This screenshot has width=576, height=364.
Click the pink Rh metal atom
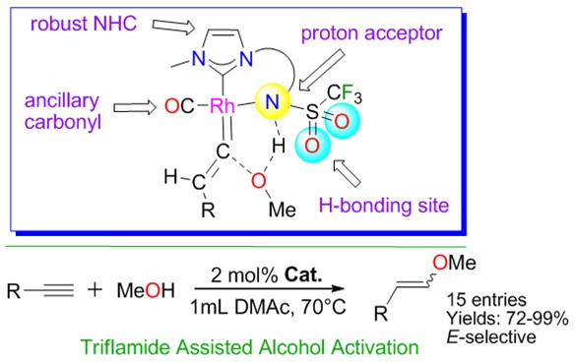click(222, 106)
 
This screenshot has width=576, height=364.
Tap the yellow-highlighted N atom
click(272, 101)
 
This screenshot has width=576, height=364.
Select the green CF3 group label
click(345, 93)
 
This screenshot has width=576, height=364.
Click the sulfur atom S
click(312, 111)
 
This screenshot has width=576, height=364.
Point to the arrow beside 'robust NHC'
click(173, 27)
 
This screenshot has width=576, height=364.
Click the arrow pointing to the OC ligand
click(135, 108)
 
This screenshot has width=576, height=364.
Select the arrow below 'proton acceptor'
click(322, 70)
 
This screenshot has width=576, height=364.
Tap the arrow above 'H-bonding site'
click(348, 173)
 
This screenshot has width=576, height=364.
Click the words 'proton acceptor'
click(371, 34)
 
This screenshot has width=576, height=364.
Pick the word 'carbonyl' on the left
click(62, 122)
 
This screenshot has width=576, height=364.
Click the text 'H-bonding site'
click(384, 205)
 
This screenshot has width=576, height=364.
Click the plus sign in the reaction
click(95, 290)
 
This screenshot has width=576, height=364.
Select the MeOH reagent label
click(146, 290)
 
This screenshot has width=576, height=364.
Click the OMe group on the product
click(454, 263)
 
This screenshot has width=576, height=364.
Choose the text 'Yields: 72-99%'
click(507, 318)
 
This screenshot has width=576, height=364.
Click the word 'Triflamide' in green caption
click(127, 346)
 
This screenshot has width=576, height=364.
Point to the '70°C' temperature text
click(323, 307)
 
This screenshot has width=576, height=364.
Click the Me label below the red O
click(283, 210)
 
